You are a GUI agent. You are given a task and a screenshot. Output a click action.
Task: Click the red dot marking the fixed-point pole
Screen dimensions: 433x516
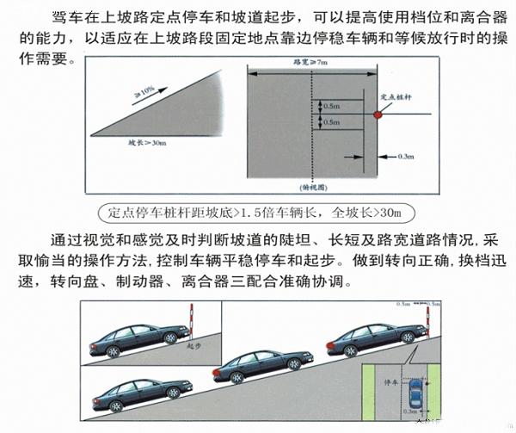(377, 114)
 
